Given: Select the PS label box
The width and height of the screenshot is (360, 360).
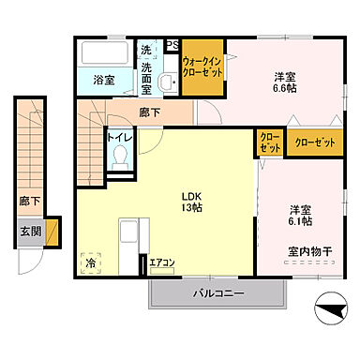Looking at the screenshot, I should (x=172, y=44).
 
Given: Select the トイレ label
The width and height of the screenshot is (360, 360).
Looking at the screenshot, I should (x=118, y=137).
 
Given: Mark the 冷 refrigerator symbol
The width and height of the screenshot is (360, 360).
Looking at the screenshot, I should (x=92, y=264).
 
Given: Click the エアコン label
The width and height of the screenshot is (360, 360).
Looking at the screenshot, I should (x=162, y=262).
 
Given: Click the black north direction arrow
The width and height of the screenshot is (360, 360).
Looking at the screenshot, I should (x=330, y=304).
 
